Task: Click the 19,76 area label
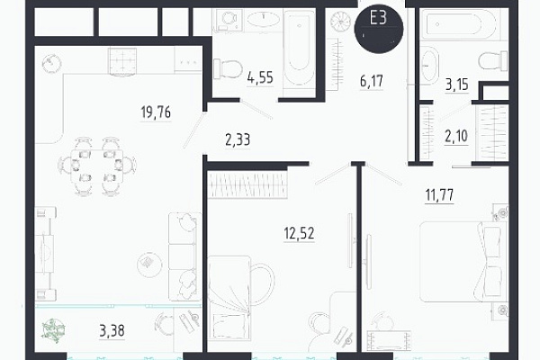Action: coord(156,112)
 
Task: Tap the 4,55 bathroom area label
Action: coord(260,77)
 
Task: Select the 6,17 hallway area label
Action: coord(371,81)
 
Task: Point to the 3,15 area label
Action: coord(457,85)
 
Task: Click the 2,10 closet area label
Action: coord(456,136)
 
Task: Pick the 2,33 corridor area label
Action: coord(238,139)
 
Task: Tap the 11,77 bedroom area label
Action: coord(440,195)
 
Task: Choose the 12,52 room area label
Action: coord(300,233)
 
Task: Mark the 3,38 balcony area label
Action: coord(112,330)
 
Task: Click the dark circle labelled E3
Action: coord(379,30)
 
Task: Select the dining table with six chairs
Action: coord(97,166)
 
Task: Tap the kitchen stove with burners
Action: coord(122,61)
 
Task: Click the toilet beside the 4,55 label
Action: coord(227,69)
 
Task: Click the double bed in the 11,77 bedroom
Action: coord(463,262)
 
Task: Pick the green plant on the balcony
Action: coord(52,328)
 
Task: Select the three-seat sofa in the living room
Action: coord(185,256)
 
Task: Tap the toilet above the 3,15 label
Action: coord(493,60)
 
